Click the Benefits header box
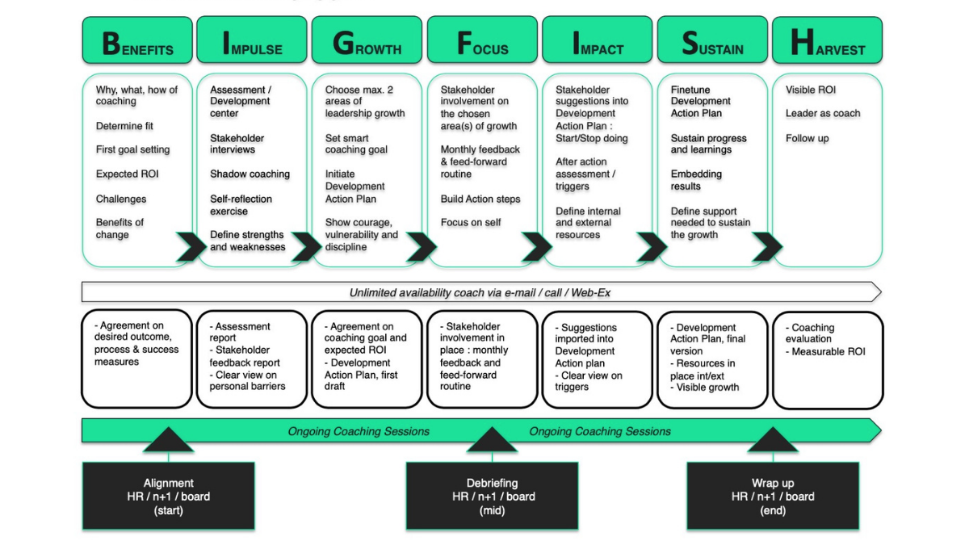137,41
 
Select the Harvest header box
828,41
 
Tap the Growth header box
367,41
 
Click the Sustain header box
712,41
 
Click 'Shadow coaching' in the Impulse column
250,174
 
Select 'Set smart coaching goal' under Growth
356,144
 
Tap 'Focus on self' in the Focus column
471,223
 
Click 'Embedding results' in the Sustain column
696,180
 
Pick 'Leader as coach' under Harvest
823,114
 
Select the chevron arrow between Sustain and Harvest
766,247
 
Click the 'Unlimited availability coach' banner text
480,292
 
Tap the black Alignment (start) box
168,497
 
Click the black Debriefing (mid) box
492,497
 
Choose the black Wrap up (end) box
772,497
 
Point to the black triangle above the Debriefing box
492,440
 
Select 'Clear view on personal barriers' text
246,381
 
